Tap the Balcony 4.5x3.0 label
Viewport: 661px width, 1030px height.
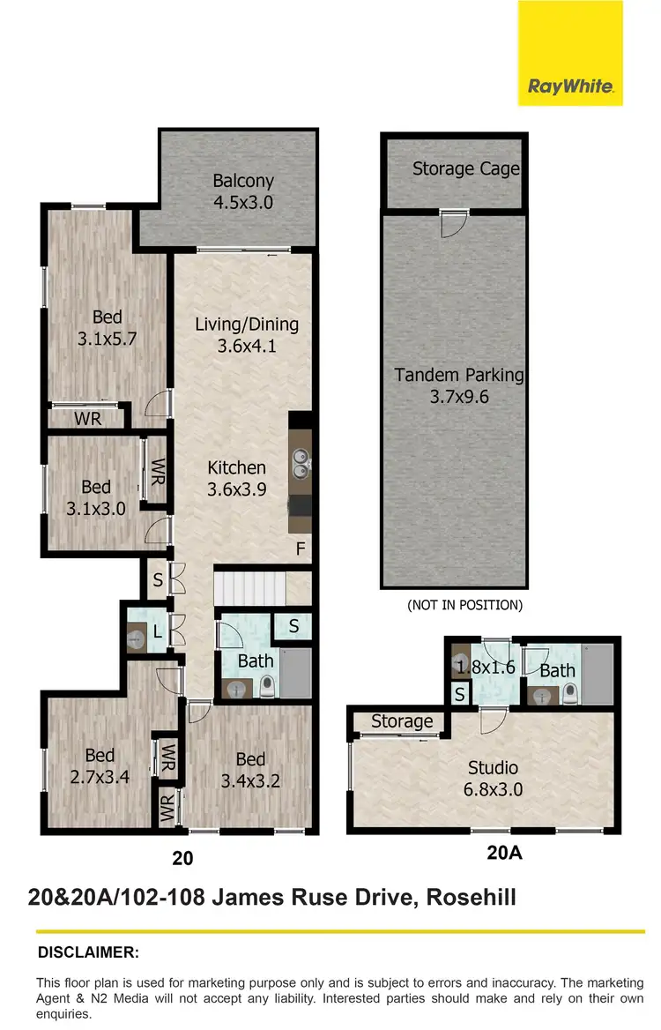pyautogui.click(x=243, y=191)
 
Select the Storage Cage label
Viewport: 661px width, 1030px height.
pyautogui.click(x=465, y=168)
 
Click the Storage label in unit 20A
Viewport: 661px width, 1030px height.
pyautogui.click(x=401, y=721)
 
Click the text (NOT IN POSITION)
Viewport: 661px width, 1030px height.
pyautogui.click(x=464, y=605)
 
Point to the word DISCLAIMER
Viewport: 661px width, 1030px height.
pyautogui.click(x=88, y=952)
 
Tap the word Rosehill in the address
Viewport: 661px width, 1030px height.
pyautogui.click(x=471, y=898)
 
